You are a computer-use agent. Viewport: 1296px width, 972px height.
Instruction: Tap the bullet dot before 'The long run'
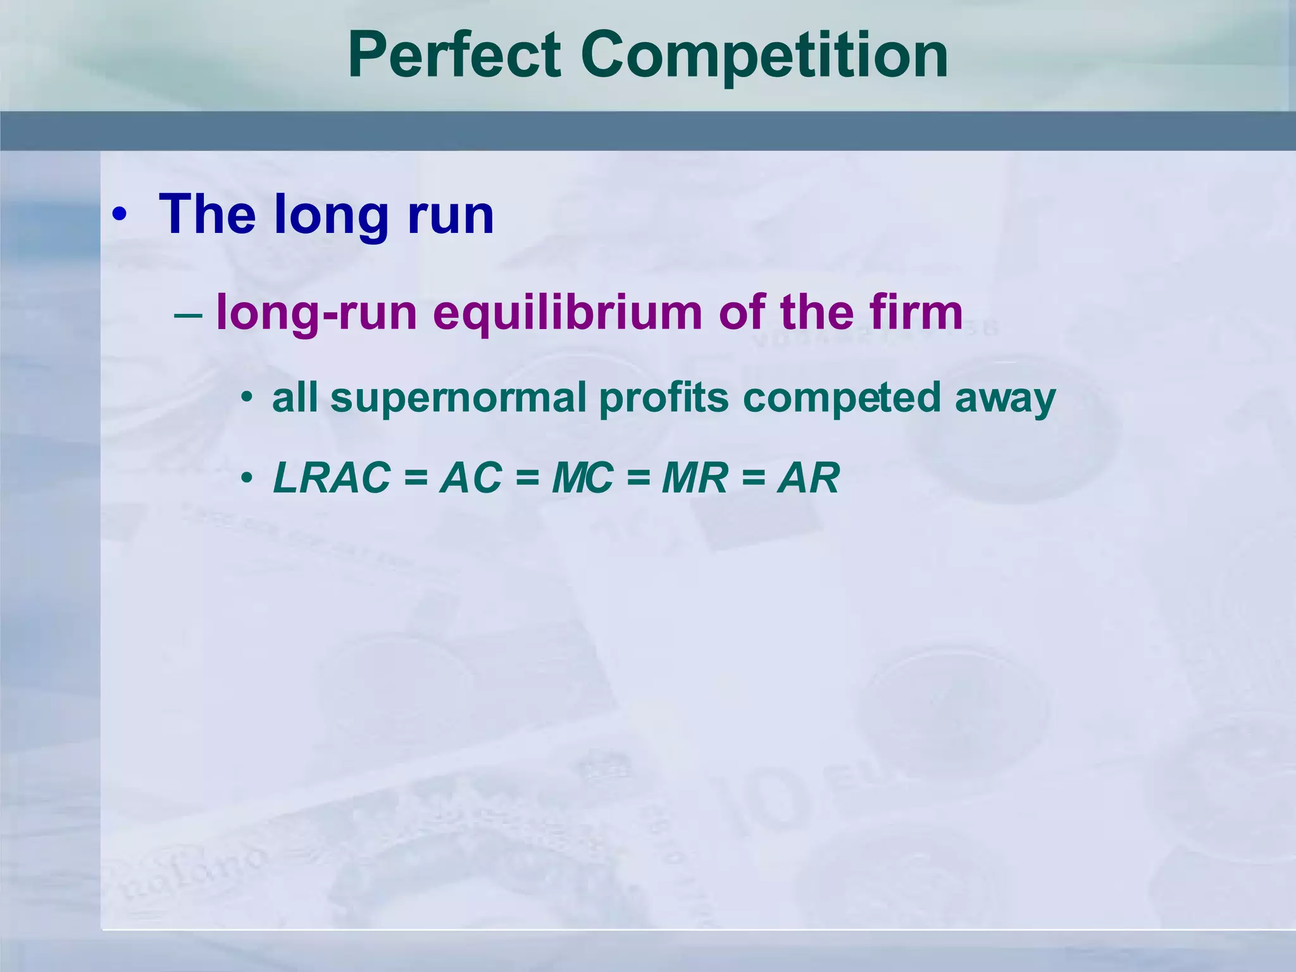119,216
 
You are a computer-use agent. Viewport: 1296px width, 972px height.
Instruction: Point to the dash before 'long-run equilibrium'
188,314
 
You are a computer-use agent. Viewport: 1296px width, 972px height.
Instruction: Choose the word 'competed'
842,399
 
